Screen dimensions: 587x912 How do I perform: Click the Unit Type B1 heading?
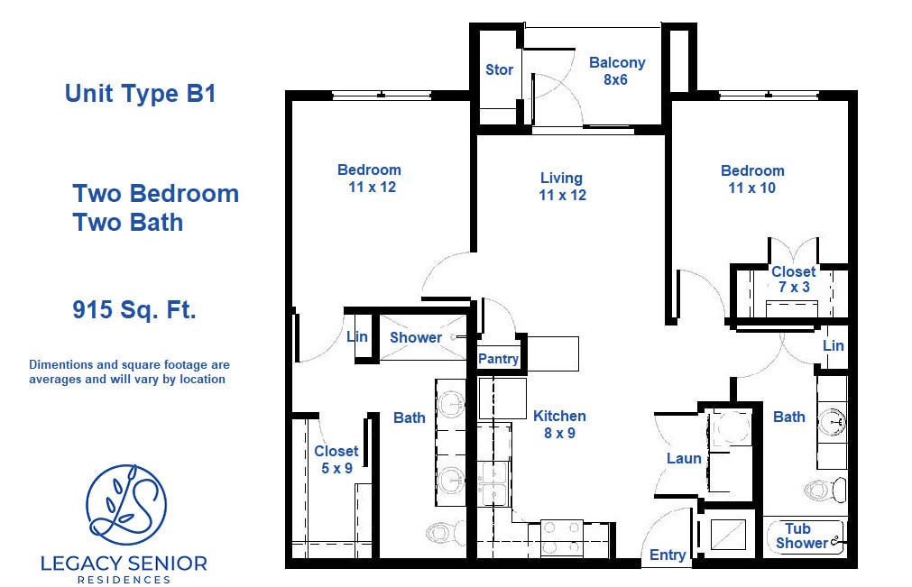click(140, 94)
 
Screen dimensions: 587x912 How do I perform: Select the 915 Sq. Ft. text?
click(134, 311)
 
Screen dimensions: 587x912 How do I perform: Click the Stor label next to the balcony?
click(499, 70)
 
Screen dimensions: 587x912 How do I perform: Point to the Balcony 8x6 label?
click(617, 70)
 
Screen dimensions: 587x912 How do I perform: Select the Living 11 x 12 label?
click(561, 186)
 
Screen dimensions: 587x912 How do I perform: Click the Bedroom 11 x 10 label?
click(752, 179)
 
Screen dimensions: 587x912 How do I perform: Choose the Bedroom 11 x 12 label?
click(369, 178)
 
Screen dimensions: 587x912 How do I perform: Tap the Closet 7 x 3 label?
click(793, 279)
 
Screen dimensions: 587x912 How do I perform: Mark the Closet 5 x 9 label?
click(336, 459)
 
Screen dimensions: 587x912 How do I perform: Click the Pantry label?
click(498, 359)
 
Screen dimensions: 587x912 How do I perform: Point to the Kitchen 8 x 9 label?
click(559, 424)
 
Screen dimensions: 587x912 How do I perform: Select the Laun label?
click(684, 458)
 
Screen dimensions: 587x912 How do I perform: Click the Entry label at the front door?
click(668, 555)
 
